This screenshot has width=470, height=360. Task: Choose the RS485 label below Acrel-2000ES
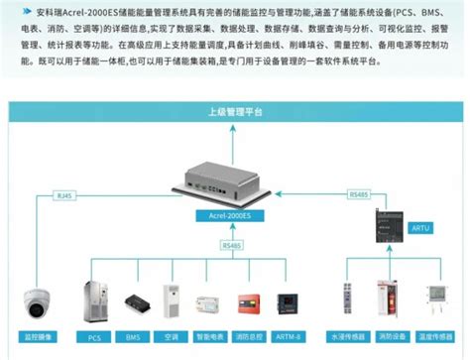pyautogui.click(x=233, y=244)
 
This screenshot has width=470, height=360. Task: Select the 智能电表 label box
pyautogui.click(x=211, y=337)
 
